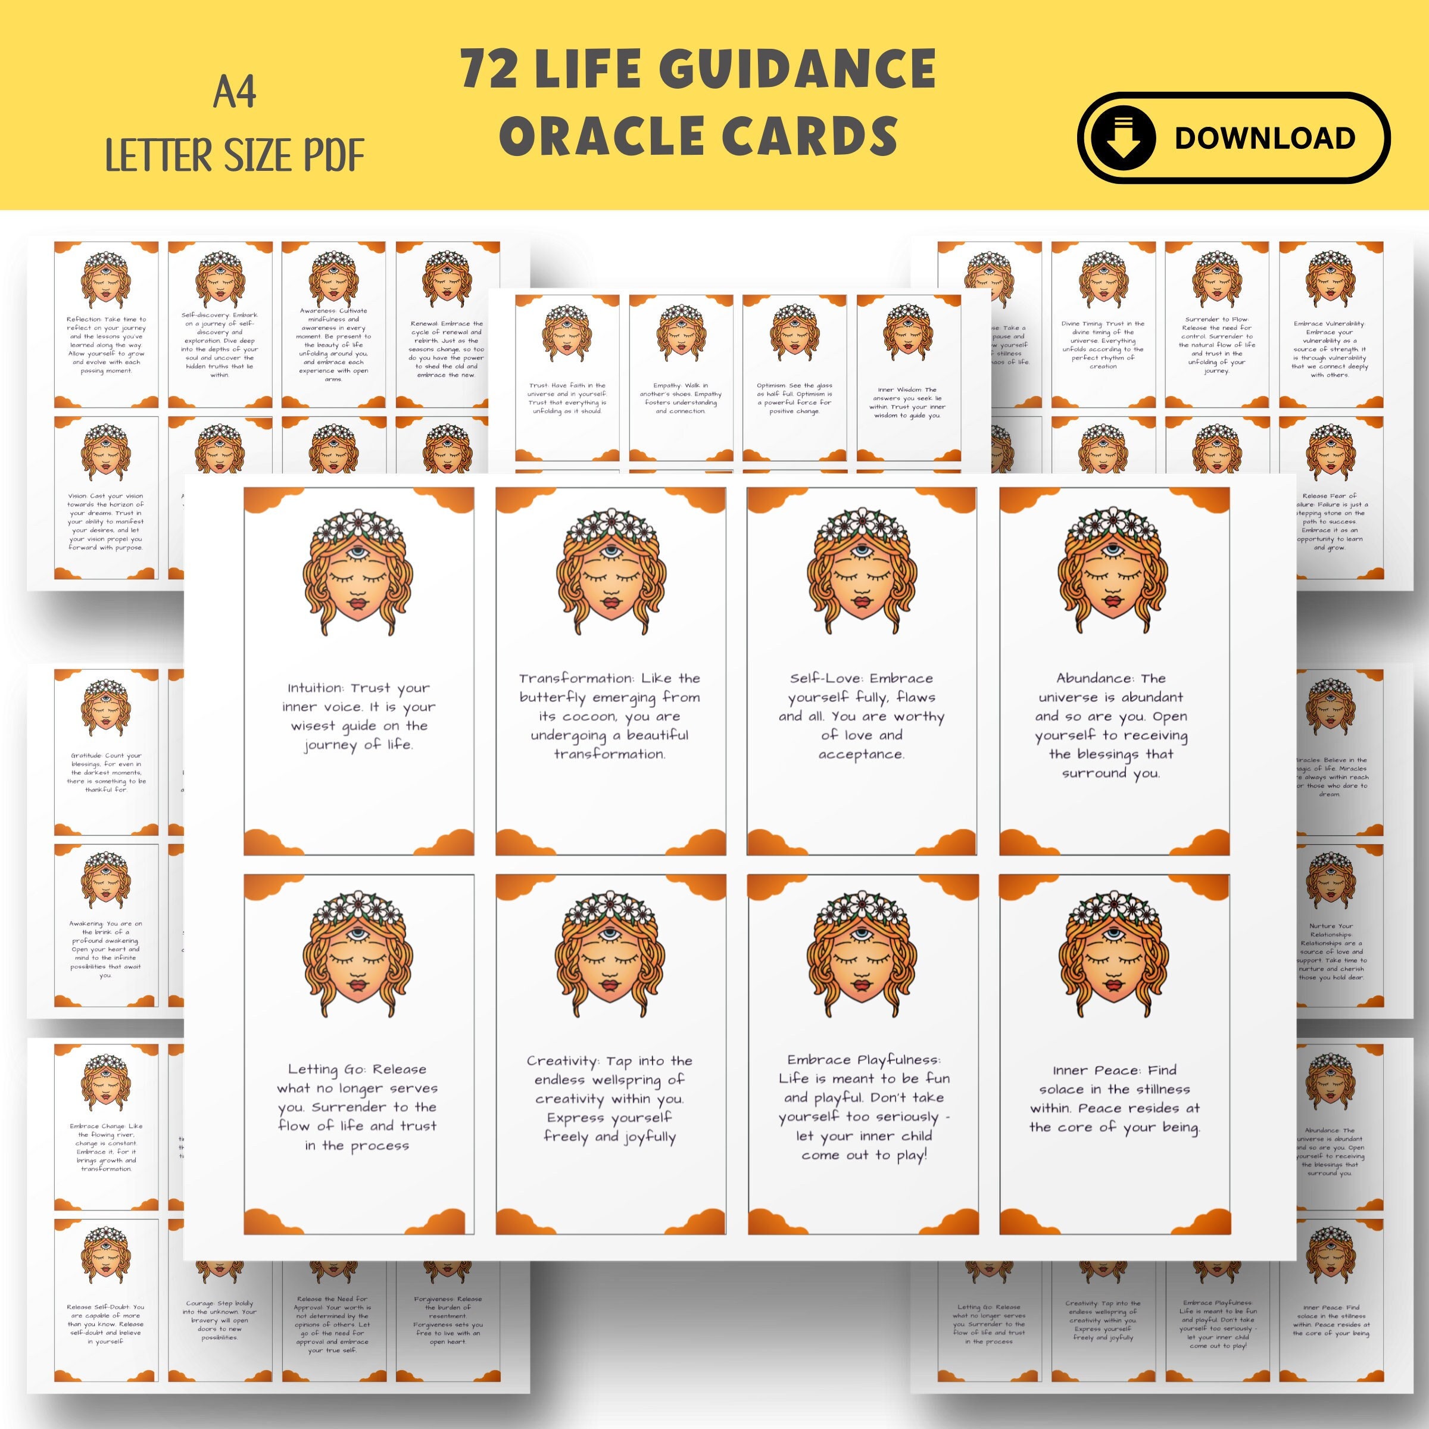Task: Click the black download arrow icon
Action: pos(1122,138)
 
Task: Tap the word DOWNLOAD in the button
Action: pos(1265,138)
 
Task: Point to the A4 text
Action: pos(235,94)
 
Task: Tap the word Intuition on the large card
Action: pos(315,688)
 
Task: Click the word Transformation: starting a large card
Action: pos(577,678)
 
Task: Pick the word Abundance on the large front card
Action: pos(1090,678)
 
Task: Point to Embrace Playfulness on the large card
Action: pos(863,1060)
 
